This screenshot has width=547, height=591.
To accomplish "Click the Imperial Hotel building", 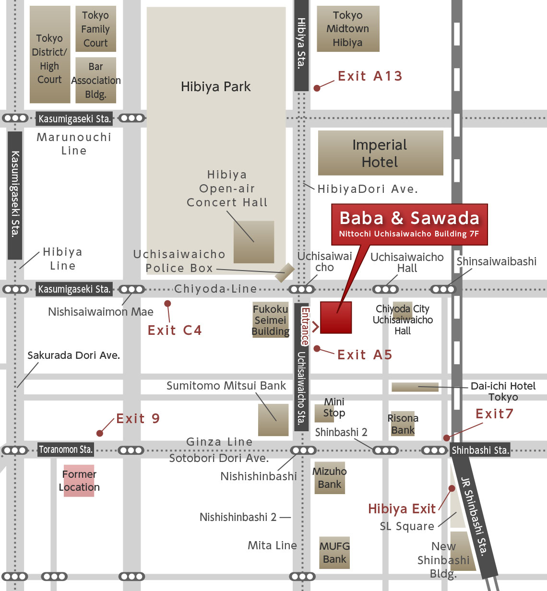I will click(380, 153).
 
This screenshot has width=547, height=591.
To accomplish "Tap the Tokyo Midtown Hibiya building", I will click(348, 29).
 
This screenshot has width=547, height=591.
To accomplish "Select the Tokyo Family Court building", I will click(95, 29).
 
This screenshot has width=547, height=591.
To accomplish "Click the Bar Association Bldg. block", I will click(95, 80).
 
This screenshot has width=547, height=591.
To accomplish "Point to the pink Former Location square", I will click(79, 481).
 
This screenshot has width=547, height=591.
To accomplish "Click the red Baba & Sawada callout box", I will click(409, 224).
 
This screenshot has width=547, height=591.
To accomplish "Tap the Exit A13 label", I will click(369, 76).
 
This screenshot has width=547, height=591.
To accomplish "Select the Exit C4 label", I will click(175, 331).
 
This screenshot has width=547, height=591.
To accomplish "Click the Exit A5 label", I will click(365, 355).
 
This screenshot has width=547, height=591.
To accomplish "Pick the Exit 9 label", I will click(138, 419).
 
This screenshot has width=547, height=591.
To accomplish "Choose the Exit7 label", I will click(494, 414).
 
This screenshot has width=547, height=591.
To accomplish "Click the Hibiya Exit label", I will click(402, 509).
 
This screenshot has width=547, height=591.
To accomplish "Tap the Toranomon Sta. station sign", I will click(66, 450).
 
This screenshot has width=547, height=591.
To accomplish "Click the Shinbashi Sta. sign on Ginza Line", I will click(480, 450).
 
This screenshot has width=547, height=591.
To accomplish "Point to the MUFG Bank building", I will click(334, 553).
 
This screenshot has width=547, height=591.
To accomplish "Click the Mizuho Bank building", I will click(329, 478).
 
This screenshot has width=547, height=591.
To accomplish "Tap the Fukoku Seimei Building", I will click(271, 320).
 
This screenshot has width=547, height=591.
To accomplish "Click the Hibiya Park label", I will click(215, 87).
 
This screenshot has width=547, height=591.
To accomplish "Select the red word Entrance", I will click(305, 326).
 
